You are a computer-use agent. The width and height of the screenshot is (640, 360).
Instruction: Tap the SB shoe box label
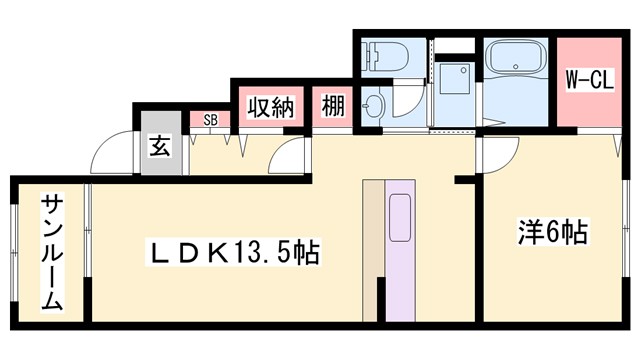tap(211, 120)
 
